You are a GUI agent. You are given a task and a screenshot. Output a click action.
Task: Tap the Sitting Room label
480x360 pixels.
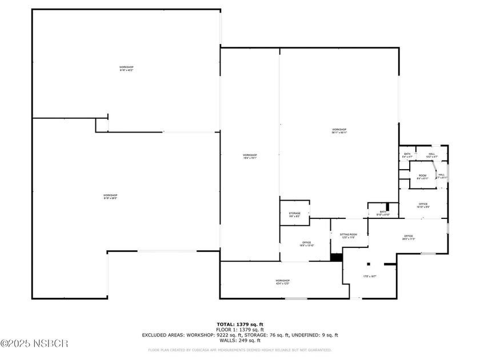349,235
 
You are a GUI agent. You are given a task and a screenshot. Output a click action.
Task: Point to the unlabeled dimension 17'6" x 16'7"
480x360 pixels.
370,277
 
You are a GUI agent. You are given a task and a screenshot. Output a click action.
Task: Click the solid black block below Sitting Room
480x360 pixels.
336,257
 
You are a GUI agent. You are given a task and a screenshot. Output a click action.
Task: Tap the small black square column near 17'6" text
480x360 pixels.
369,263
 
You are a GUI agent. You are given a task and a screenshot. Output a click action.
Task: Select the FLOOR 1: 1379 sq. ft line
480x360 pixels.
239,330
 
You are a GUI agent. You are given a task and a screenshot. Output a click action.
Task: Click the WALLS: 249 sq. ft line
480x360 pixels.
239,340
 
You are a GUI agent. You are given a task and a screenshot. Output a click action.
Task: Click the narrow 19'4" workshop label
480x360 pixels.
250,157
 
